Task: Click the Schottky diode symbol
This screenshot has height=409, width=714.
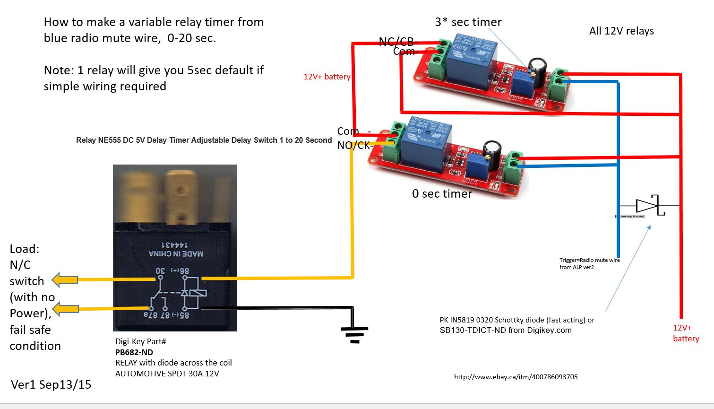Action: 648,206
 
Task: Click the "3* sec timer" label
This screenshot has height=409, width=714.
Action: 468,22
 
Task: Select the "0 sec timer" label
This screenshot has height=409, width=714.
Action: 442,194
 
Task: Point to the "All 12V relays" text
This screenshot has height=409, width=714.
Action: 621,31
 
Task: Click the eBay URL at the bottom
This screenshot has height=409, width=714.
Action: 516,377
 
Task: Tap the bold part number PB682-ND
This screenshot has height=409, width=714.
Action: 134,352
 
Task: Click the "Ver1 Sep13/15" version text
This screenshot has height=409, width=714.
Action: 51,385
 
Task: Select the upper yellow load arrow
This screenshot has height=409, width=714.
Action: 65,280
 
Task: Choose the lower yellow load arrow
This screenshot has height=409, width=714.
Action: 65,309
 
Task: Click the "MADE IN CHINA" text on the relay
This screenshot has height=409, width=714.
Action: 176,254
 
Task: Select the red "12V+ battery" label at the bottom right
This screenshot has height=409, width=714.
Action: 686,333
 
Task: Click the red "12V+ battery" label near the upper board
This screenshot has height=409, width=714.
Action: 327,77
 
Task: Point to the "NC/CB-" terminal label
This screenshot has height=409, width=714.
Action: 397,42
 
